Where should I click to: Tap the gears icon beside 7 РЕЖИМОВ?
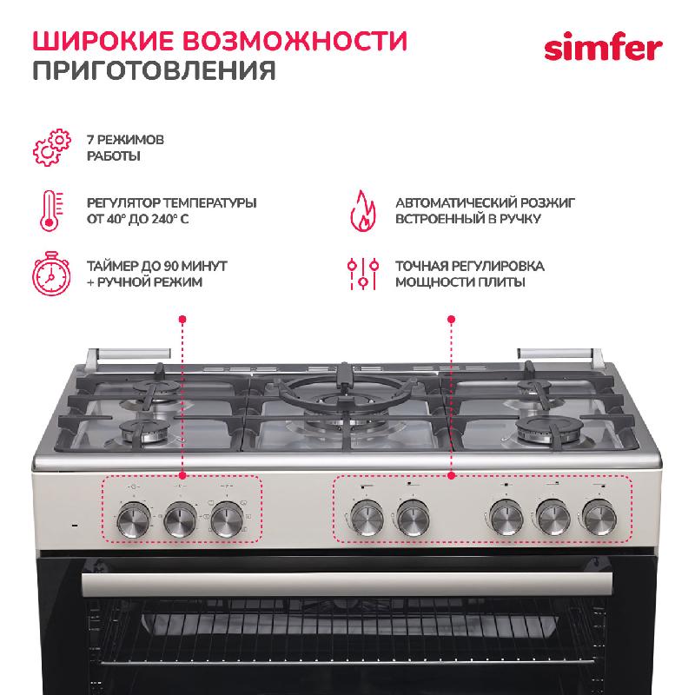pyautogui.click(x=52, y=148)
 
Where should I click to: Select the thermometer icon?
pyautogui.click(x=51, y=210)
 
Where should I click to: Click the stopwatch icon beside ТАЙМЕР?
pyautogui.click(x=51, y=273)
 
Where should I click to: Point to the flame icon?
pyautogui.click(x=362, y=210)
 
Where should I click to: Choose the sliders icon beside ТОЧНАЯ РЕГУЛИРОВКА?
pyautogui.click(x=362, y=274)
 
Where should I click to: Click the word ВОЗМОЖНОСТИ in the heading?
pyautogui.click(x=295, y=41)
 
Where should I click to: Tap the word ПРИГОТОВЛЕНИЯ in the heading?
pyautogui.click(x=155, y=70)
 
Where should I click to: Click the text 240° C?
pyautogui.click(x=170, y=219)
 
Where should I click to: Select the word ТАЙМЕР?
pyautogui.click(x=113, y=266)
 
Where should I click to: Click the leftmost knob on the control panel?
pyautogui.click(x=134, y=520)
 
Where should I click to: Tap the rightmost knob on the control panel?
pyautogui.click(x=599, y=517)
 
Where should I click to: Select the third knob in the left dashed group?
pyautogui.click(x=227, y=520)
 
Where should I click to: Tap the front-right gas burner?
pyautogui.click(x=549, y=429)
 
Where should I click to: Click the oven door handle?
pyautogui.click(x=347, y=584)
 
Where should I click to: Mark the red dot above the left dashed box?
pyautogui.click(x=182, y=319)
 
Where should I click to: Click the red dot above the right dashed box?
pyautogui.click(x=451, y=319)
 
